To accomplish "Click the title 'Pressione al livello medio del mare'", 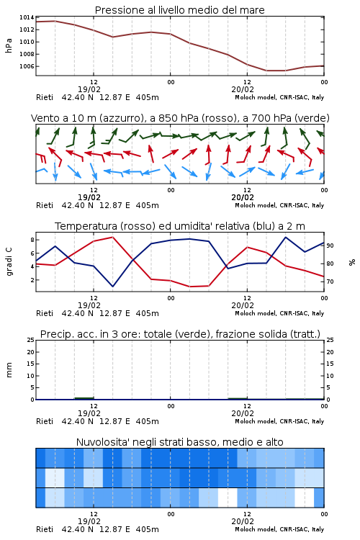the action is (179, 10).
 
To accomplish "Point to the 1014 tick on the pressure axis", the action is (27, 17).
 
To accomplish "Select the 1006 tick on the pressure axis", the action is (27, 66).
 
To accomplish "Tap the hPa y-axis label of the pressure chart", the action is (9, 45).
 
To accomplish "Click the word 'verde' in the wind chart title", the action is (312, 118).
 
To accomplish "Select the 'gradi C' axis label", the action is (9, 262).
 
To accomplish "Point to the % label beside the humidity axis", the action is (352, 262).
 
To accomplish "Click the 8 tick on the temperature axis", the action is (32, 240).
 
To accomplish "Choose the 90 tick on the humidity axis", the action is (330, 246).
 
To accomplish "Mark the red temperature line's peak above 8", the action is (112, 237).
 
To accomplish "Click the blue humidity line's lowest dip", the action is (112, 286).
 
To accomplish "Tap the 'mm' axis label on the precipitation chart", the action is (9, 370).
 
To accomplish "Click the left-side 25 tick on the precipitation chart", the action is (31, 340).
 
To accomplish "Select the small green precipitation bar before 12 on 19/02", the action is (84, 398).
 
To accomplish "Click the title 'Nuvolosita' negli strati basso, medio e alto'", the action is (179, 442).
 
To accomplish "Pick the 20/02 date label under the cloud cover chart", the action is (243, 521).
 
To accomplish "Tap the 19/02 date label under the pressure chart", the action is (89, 89).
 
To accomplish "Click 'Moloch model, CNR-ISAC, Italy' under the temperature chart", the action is (279, 313).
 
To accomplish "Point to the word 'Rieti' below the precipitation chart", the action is (45, 421).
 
